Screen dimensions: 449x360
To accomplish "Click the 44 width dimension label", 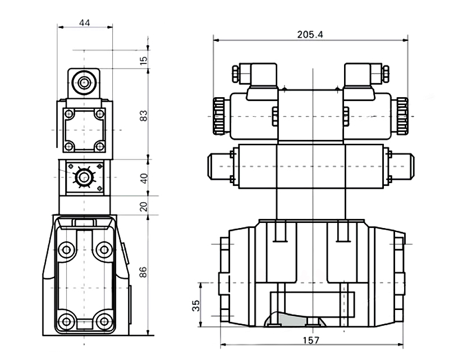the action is pyautogui.click(x=85, y=22).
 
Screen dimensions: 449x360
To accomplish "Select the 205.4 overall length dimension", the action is pyautogui.click(x=310, y=35).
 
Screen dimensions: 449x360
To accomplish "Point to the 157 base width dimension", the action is pyautogui.click(x=311, y=340).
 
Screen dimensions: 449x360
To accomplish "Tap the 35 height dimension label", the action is pyautogui.click(x=196, y=306).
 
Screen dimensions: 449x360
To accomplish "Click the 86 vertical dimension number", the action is pyautogui.click(x=143, y=272).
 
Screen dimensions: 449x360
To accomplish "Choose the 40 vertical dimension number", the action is pyautogui.click(x=144, y=178).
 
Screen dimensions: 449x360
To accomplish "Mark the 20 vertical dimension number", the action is pyautogui.click(x=144, y=206).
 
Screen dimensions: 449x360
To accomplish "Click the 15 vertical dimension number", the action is pyautogui.click(x=144, y=60).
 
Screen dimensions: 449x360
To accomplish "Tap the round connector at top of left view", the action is pyautogui.click(x=84, y=83).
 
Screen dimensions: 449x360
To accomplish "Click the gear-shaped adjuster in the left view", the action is pyautogui.click(x=84, y=177).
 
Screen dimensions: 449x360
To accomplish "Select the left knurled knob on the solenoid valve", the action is pyautogui.click(x=219, y=116).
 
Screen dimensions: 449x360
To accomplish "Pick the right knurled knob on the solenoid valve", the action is pyautogui.click(x=402, y=116).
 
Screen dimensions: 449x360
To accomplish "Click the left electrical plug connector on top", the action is pyautogui.click(x=255, y=75).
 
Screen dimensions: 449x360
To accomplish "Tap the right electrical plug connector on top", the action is pyautogui.click(x=366, y=75).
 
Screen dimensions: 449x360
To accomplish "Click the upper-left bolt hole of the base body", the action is pyautogui.click(x=67, y=250).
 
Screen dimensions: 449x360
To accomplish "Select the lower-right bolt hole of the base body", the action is pyautogui.click(x=104, y=321).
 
